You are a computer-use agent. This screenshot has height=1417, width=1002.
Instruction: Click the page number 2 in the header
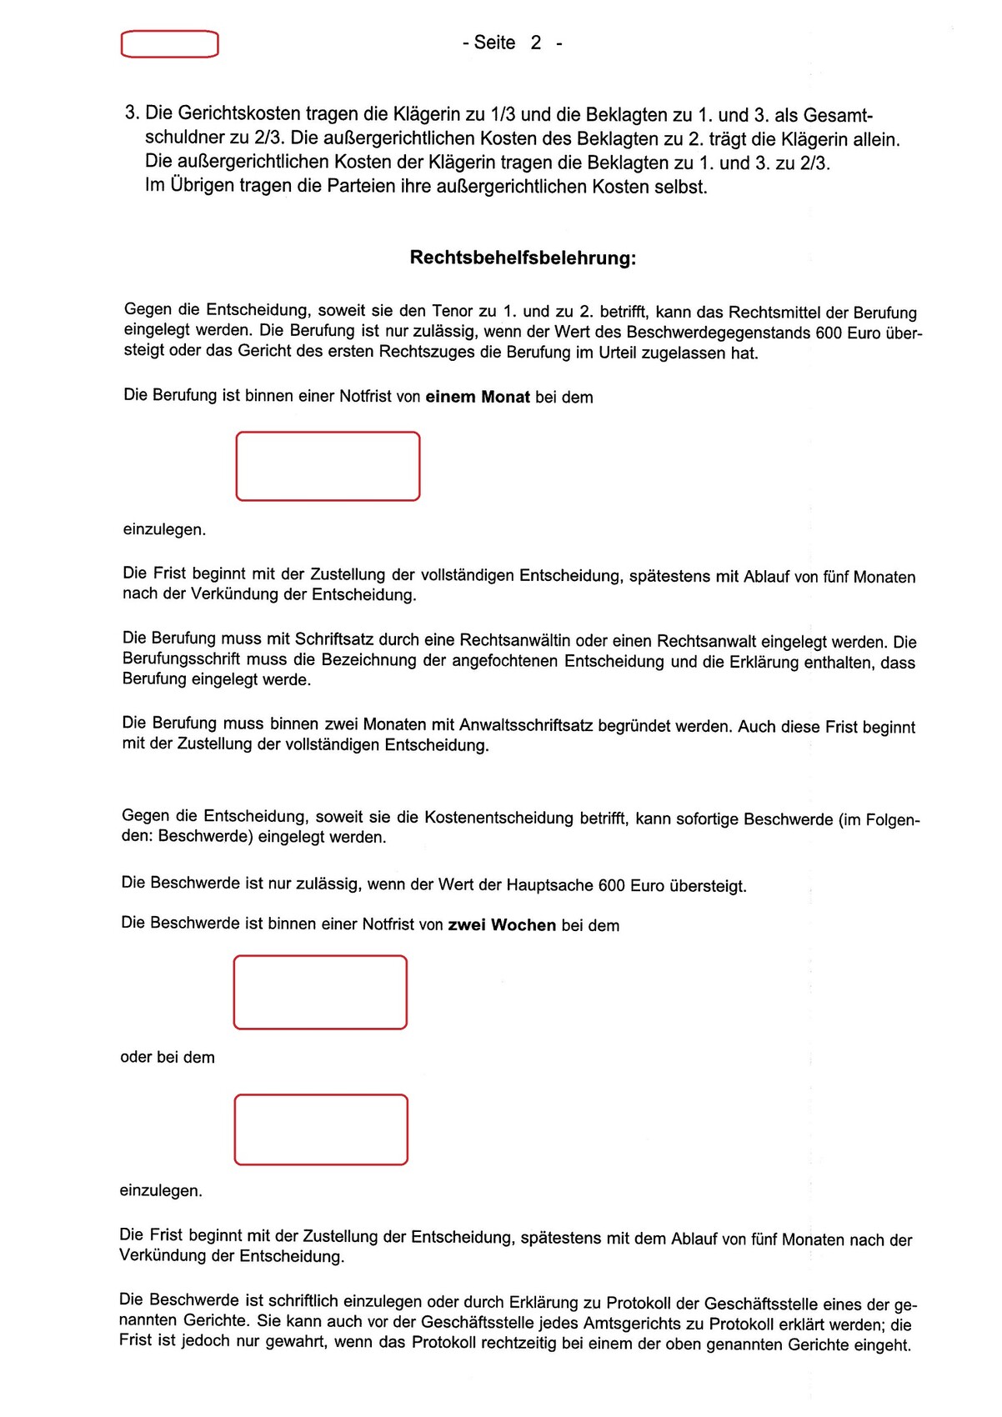(536, 43)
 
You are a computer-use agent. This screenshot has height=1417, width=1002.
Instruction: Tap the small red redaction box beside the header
(170, 44)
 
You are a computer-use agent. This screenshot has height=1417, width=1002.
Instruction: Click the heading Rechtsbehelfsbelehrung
(523, 258)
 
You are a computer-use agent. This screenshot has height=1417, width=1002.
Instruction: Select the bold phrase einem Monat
(478, 397)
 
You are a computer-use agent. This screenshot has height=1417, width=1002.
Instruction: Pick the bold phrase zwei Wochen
(502, 925)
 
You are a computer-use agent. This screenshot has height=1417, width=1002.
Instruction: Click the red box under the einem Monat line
(328, 466)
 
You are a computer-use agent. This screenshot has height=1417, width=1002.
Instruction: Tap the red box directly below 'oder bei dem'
(321, 1129)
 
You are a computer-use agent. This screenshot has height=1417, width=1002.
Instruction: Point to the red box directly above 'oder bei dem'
(320, 992)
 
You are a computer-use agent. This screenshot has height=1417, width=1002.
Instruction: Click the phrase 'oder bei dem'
(168, 1057)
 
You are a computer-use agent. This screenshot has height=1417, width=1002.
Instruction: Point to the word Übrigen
(203, 186)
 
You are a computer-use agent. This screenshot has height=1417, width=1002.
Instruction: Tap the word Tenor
(453, 311)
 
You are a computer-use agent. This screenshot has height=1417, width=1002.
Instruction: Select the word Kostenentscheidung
(498, 818)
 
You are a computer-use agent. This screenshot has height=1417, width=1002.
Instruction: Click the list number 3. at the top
(132, 113)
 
